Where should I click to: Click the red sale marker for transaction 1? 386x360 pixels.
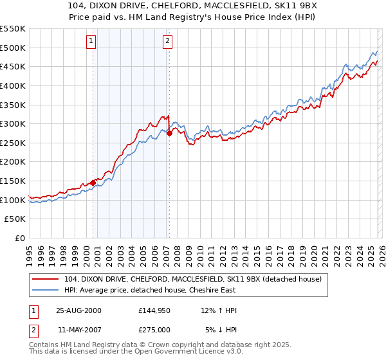(x=93, y=183)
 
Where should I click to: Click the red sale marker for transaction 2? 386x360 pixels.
(x=169, y=133)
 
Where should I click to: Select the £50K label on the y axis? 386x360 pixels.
(x=15, y=219)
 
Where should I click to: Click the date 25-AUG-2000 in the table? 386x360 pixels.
(x=78, y=310)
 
